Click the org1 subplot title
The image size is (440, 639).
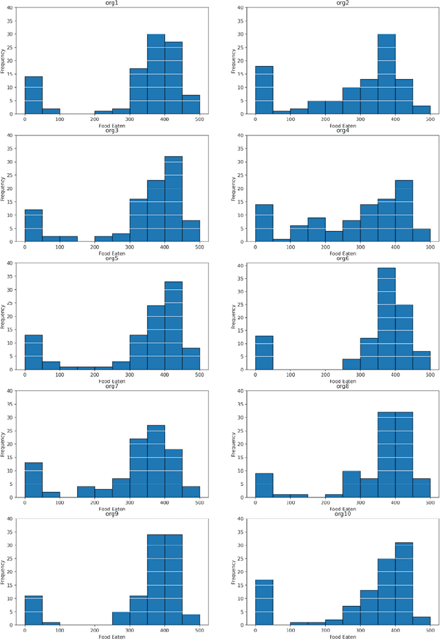click(112, 3)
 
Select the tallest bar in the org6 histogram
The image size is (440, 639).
click(386, 309)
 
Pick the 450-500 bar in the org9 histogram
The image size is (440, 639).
click(191, 620)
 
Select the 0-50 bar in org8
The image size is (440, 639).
click(264, 485)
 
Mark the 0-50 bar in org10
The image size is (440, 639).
click(264, 603)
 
